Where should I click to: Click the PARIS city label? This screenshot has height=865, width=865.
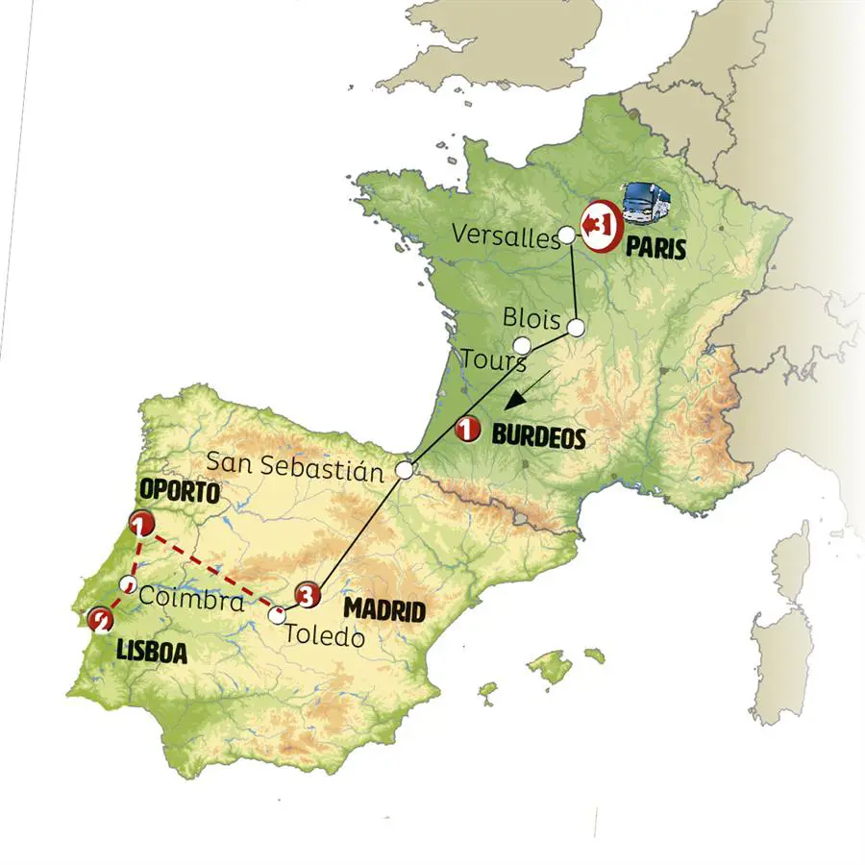click(x=655, y=250)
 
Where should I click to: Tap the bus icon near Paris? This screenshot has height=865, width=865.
click(x=644, y=201)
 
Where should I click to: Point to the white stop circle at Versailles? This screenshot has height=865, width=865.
click(x=567, y=235)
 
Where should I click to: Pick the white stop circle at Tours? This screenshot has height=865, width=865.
click(x=522, y=344)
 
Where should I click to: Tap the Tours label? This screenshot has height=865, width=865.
click(x=493, y=362)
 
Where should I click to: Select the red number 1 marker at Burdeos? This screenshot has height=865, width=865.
click(x=468, y=430)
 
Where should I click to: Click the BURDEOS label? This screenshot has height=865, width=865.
click(x=538, y=435)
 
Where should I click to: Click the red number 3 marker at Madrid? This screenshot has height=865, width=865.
click(x=307, y=596)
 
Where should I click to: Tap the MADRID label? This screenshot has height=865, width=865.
click(x=384, y=608)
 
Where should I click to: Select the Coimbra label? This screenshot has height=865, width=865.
click(x=192, y=600)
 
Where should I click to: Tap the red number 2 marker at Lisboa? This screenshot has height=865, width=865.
click(x=98, y=621)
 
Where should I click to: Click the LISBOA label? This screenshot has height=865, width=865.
click(x=151, y=652)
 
